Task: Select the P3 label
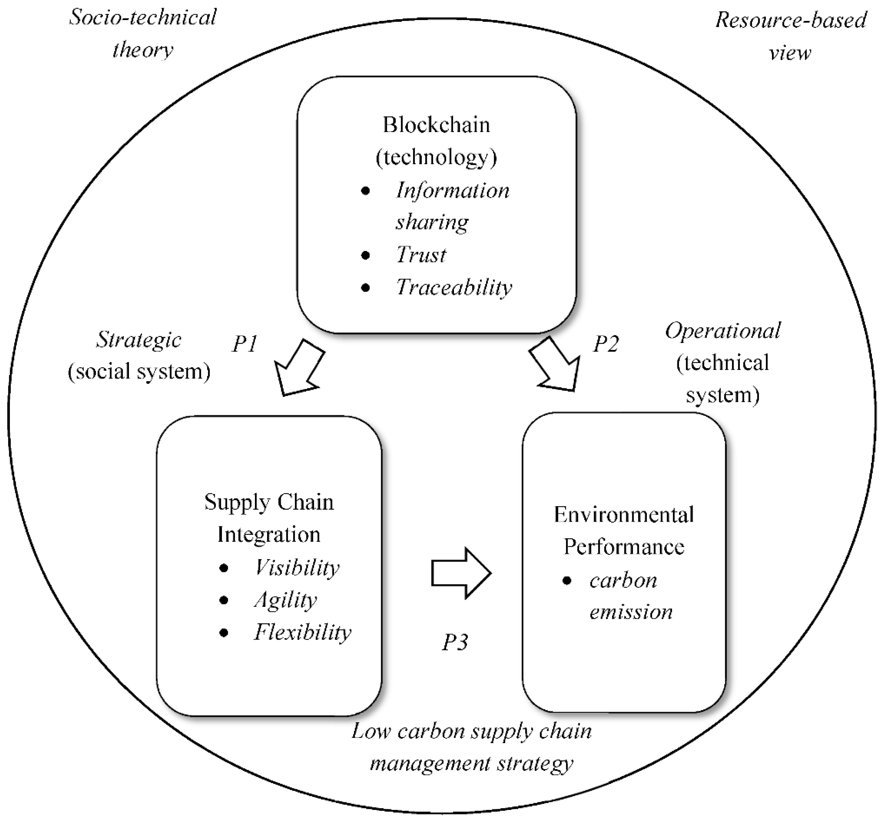pyautogui.click(x=455, y=642)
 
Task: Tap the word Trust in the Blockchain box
pyautogui.click(x=421, y=255)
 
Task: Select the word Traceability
pyautogui.click(x=454, y=287)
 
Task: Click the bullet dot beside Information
pyautogui.click(x=366, y=191)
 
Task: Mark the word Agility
pyautogui.click(x=285, y=600)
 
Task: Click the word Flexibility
pyautogui.click(x=302, y=632)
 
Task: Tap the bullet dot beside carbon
pyautogui.click(x=566, y=581)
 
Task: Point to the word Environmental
pyautogui.click(x=624, y=515)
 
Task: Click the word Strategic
pyautogui.click(x=139, y=340)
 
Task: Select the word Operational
pyautogui.click(x=723, y=331)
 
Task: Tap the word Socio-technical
pyautogui.click(x=143, y=18)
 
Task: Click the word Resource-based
pyautogui.click(x=791, y=20)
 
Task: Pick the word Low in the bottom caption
pyautogui.click(x=371, y=731)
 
